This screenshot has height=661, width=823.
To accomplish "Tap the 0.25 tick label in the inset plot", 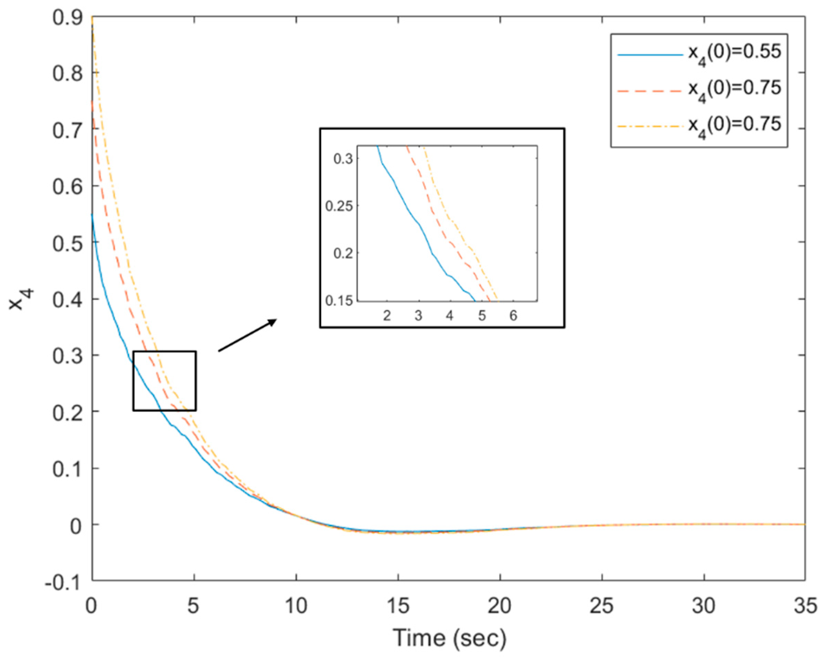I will (339, 206).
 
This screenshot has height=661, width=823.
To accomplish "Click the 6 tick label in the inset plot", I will (513, 316).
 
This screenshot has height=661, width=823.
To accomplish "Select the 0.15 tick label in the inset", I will (339, 301).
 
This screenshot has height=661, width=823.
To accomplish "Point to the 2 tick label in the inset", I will (387, 316).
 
